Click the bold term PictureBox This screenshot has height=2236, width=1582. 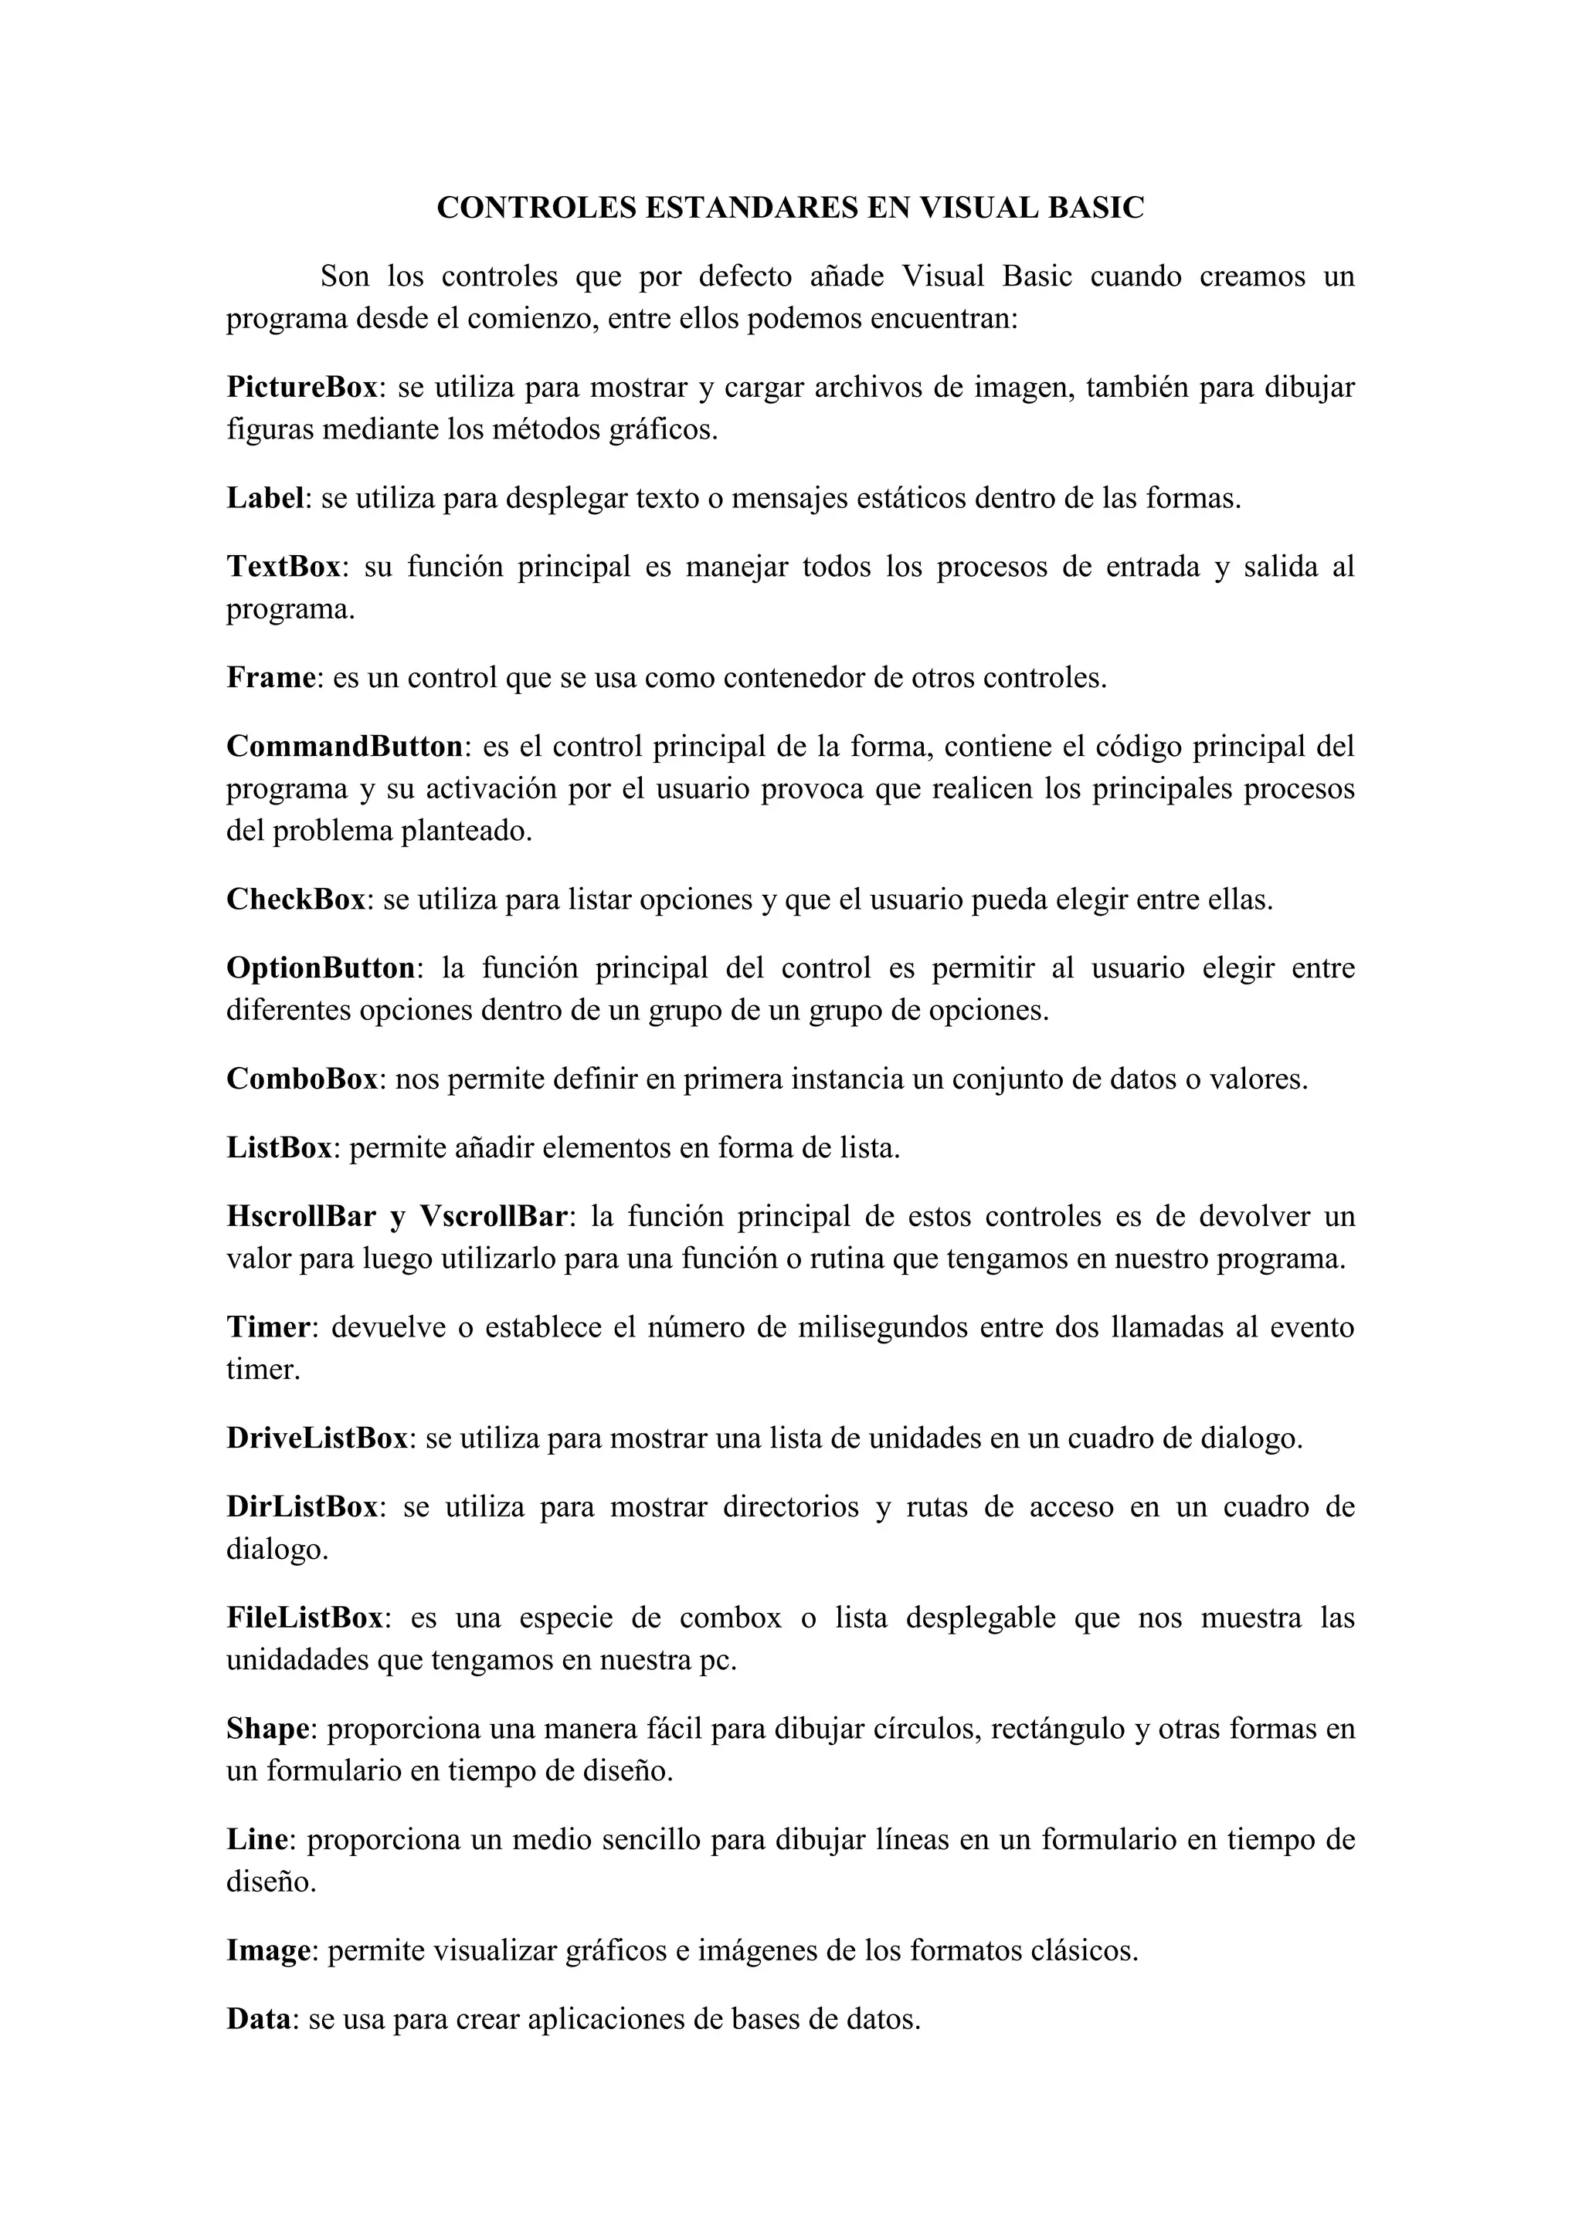pos(302,388)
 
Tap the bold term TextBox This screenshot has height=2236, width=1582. pos(283,567)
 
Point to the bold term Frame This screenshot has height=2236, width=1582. pos(272,678)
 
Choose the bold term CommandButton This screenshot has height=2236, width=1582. pos(344,747)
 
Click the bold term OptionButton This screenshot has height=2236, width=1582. pos(321,968)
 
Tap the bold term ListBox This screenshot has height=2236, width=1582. pos(280,1148)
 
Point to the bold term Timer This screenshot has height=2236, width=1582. pos(268,1327)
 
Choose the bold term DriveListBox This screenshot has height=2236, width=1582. pos(317,1438)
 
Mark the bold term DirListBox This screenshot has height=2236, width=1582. pos(302,1506)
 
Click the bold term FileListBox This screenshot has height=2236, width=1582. pos(305,1618)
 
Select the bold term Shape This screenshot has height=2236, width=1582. pos(268,1729)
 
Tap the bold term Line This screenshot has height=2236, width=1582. pos(257,1840)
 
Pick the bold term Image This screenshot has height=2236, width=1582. pos(269,1950)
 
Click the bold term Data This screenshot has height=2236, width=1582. pos(258,2020)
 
